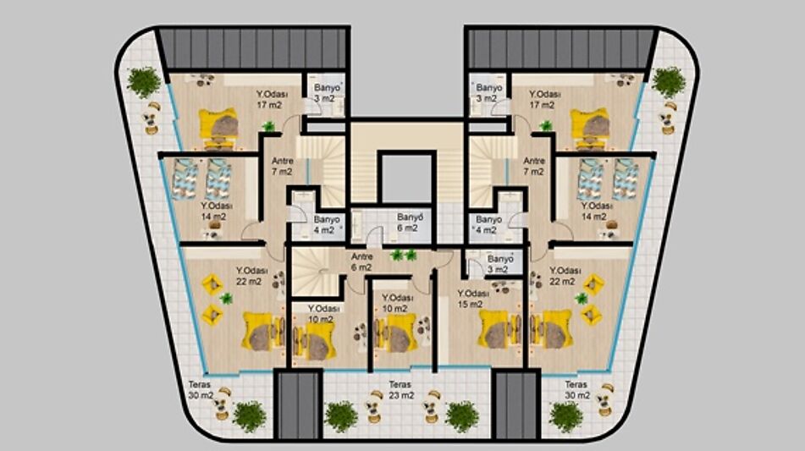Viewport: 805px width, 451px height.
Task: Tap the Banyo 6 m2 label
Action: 410,223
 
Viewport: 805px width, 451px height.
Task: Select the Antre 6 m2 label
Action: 362,262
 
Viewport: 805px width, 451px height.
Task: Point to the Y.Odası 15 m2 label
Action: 473,299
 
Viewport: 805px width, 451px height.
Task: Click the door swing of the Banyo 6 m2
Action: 374,237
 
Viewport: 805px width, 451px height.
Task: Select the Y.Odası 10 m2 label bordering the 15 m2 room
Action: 397,303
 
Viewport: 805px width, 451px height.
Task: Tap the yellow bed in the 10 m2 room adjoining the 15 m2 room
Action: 395,333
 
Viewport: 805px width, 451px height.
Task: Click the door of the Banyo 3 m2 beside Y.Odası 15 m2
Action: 475,267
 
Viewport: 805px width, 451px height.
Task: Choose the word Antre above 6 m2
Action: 362,256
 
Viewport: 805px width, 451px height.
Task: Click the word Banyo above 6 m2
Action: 410,217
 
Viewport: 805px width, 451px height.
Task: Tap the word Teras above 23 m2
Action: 400,384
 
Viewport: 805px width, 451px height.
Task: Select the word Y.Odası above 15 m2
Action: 473,294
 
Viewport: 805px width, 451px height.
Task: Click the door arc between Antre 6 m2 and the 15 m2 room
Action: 443,261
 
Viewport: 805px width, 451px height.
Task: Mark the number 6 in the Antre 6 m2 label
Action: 354,268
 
